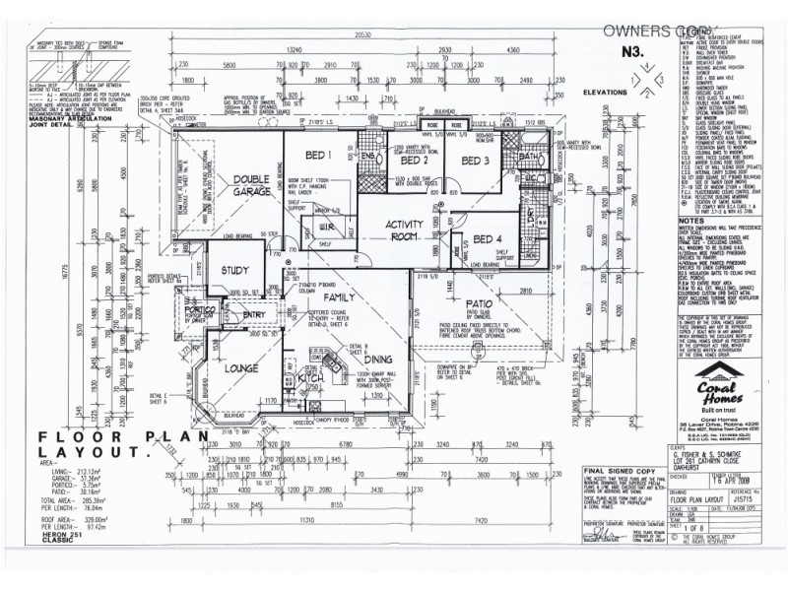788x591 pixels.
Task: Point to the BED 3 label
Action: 475,161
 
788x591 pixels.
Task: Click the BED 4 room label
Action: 487,238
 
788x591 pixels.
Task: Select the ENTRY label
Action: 254,315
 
